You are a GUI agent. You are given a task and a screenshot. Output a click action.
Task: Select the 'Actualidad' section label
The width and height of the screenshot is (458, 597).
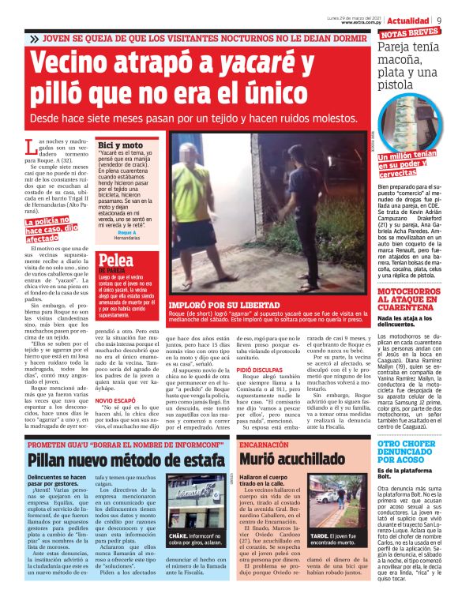[x=408, y=20]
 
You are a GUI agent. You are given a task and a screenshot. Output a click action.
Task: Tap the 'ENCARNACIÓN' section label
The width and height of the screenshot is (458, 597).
[x=266, y=445]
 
